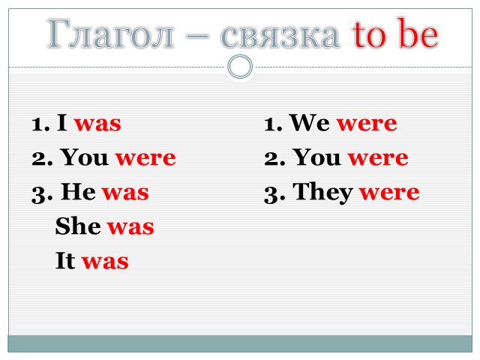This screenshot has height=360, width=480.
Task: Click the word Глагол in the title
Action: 111,34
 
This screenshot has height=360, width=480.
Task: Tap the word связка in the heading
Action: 280,36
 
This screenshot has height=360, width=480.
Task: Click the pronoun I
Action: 62,122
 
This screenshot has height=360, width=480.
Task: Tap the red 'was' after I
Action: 98,124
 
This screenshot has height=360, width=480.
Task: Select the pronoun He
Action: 78,191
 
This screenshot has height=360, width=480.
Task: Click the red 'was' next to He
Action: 125,193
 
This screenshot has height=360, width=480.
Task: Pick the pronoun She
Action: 78,226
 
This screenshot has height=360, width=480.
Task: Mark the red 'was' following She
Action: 130,227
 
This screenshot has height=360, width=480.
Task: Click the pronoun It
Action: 65,260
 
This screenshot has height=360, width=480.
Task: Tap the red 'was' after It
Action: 105,262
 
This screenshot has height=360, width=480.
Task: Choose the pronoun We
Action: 310,122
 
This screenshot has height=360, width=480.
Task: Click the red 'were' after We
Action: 367,124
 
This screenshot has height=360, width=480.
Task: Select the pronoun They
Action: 322,193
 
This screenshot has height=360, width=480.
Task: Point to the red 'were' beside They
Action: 389,193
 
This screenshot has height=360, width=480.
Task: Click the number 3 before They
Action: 270,195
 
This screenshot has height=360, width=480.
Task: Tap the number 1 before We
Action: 269,124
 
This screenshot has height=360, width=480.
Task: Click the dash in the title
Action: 197,37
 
